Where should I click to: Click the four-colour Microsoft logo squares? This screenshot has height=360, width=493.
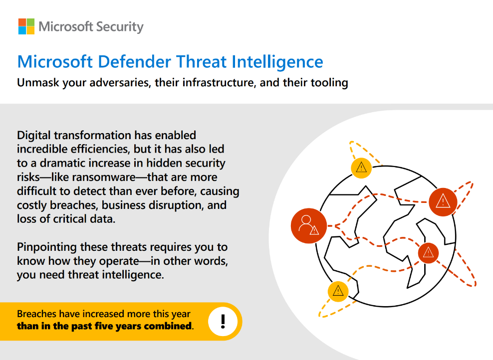pyautogui.click(x=26, y=26)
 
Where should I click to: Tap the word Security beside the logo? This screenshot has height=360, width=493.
pyautogui.click(x=120, y=27)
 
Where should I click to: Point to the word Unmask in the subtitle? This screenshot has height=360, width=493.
pyautogui.click(x=38, y=82)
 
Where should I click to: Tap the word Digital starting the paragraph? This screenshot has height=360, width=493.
pyautogui.click(x=34, y=136)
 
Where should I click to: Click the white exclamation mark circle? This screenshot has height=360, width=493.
pyautogui.click(x=223, y=322)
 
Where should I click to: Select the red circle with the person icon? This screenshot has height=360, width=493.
pyautogui.click(x=309, y=226)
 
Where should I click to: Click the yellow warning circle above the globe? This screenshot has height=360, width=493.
pyautogui.click(x=361, y=168)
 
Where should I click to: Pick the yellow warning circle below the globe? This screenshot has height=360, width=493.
pyautogui.click(x=338, y=291)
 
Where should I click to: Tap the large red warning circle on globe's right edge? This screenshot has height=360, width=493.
pyautogui.click(x=443, y=202)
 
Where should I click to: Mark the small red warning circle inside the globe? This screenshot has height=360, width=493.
pyautogui.click(x=428, y=253)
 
